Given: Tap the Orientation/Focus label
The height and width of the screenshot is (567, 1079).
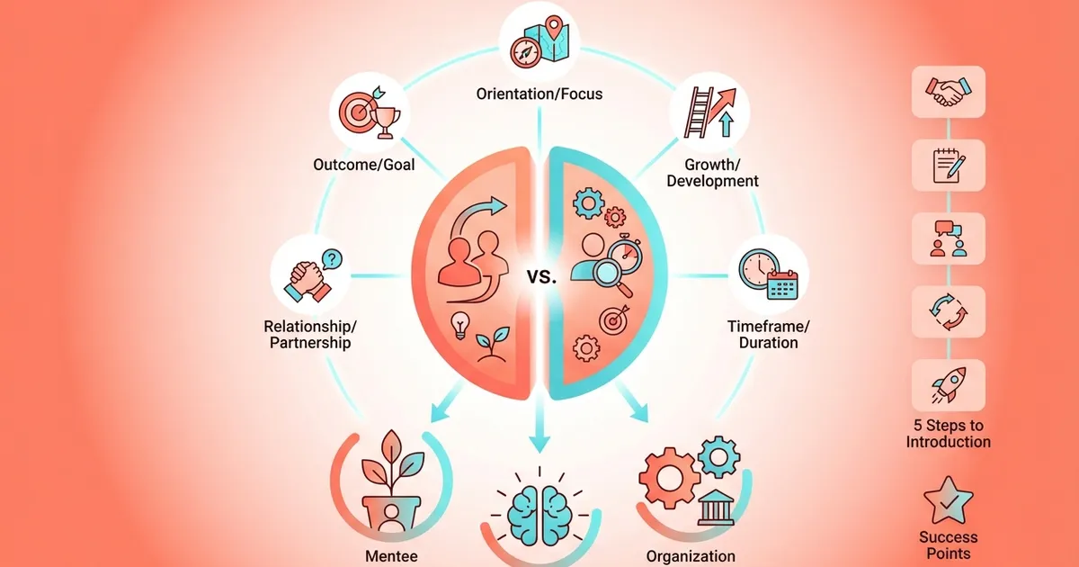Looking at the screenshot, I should coord(539,94).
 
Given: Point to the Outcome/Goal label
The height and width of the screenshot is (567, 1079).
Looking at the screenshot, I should coord(364,166).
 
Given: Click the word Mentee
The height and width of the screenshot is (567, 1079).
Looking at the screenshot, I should coord(391,555).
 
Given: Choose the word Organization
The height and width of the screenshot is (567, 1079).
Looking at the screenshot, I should coord(691,555).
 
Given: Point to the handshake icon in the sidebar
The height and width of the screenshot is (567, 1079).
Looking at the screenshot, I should coord(948,93).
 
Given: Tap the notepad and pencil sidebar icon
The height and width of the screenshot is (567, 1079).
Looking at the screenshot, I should coord(948,166).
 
